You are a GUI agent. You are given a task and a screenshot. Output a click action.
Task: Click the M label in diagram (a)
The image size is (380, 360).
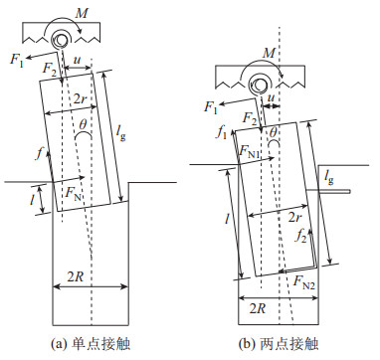pos(81,14)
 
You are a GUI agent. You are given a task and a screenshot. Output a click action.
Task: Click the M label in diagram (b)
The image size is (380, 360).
pos(269,53)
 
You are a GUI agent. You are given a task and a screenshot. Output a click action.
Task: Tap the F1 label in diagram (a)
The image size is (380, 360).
pos(17,60)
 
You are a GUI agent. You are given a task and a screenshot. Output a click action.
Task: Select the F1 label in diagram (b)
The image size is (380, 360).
pos(211,107)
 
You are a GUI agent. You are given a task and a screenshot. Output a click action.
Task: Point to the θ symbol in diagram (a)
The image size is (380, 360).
pos(83,125)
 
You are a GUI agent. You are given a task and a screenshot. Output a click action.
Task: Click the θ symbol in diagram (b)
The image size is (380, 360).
pos(273,133)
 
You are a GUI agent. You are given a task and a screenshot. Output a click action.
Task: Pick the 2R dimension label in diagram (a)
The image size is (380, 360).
pos(76,276)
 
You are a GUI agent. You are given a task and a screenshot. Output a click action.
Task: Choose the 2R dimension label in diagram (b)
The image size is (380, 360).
pos(258,308)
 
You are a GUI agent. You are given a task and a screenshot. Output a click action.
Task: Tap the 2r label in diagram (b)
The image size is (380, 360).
pos(293,218)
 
